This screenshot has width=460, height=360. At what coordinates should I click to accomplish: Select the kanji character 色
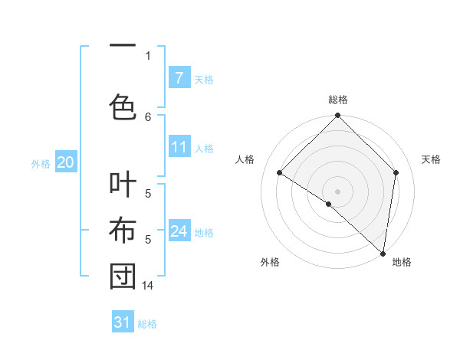[123, 105]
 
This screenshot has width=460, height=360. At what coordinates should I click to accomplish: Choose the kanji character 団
[123, 277]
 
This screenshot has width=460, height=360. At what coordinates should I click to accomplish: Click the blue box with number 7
[179, 77]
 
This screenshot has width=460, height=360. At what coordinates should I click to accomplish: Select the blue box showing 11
[179, 147]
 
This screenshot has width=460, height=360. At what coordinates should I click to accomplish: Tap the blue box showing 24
[179, 231]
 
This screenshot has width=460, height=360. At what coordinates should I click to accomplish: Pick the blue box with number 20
[65, 162]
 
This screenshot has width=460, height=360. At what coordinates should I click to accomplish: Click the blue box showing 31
[123, 322]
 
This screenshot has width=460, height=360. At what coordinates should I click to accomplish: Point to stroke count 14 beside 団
[148, 285]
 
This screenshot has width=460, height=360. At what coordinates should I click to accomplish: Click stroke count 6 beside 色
[148, 116]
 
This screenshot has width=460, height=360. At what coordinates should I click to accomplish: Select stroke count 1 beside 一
[148, 55]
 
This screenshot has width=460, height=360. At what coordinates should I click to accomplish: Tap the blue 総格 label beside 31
[147, 324]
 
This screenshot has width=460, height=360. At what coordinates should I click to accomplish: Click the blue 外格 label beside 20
[41, 163]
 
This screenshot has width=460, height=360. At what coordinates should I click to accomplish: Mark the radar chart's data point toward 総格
[337, 116]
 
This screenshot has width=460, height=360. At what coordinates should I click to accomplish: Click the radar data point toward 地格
[383, 253]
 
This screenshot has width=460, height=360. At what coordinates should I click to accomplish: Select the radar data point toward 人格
[280, 172]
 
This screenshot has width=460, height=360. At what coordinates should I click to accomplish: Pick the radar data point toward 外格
[329, 204]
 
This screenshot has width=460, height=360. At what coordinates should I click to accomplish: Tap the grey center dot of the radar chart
[337, 191]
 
